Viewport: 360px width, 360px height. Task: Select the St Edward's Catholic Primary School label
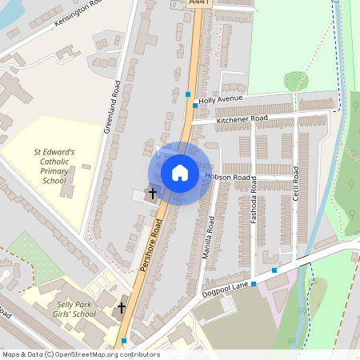(54, 166)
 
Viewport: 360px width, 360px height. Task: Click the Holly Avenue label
(220, 100)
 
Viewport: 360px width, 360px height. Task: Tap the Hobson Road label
(228, 176)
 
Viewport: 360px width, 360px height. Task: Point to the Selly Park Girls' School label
(76, 309)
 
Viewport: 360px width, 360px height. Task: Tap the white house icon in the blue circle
(179, 173)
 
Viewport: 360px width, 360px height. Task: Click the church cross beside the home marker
(152, 193)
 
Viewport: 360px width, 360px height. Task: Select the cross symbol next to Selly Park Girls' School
(122, 307)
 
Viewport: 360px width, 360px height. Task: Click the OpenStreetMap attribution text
(80, 354)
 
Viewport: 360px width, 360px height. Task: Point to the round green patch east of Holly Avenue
(296, 81)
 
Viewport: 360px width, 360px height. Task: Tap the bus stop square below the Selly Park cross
(123, 341)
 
